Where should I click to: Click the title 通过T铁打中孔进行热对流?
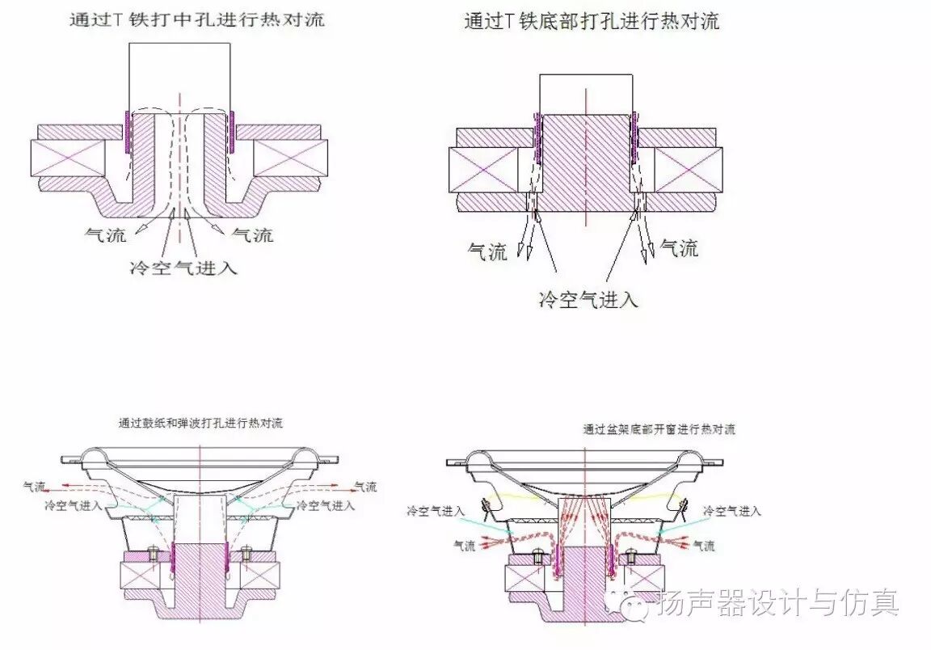coord(196,19)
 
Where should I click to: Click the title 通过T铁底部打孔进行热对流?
coord(591,22)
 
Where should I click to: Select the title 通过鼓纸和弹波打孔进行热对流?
coord(200,423)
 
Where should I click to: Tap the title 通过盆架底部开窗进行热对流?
coord(659,429)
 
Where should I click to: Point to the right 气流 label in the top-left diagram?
coord(252,235)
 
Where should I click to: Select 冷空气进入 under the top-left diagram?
coord(183,268)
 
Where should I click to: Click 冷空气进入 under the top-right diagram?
coord(588,300)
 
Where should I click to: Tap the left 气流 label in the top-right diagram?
coord(487,251)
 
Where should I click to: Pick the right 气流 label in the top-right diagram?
coord(679,248)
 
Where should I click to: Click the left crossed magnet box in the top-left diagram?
coord(67,158)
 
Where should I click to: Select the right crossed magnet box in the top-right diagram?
coord(687,170)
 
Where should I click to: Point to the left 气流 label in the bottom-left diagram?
coord(36,487)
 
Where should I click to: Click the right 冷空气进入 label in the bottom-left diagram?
coord(326,505)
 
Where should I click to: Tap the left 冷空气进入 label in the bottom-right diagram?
coord(436,511)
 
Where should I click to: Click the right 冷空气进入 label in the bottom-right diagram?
coord(732,511)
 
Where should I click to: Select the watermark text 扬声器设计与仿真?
coord(777,602)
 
